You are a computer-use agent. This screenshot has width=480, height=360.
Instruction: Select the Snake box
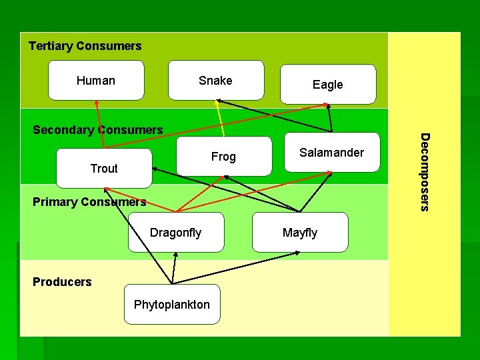(x=215, y=81)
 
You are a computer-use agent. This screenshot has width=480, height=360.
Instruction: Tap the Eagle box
(x=328, y=85)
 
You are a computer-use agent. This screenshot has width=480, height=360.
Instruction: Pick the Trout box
(x=104, y=169)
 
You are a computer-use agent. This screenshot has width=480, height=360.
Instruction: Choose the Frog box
(x=224, y=157)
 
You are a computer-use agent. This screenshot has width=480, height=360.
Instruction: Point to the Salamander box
(x=331, y=153)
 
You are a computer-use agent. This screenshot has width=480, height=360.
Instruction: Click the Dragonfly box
(x=176, y=233)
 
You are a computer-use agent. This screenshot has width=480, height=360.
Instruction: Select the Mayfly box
(x=300, y=233)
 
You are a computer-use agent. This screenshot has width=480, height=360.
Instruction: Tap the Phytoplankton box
(x=172, y=305)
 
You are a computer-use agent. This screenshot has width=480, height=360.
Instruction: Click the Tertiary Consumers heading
(x=85, y=46)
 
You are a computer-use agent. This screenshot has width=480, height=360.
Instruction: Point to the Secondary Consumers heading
(x=98, y=129)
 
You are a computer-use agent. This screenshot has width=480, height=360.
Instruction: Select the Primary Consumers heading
(x=89, y=201)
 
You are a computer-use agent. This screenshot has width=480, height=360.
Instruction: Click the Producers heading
(x=62, y=282)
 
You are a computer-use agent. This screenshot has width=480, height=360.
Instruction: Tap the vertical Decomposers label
(x=424, y=171)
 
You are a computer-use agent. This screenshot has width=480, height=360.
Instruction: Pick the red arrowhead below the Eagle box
(x=327, y=105)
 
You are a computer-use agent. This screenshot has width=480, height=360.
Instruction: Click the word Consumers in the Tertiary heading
(x=109, y=46)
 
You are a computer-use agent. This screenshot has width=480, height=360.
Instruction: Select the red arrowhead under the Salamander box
(x=329, y=173)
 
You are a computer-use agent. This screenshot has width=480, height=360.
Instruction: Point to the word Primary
(x=54, y=201)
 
